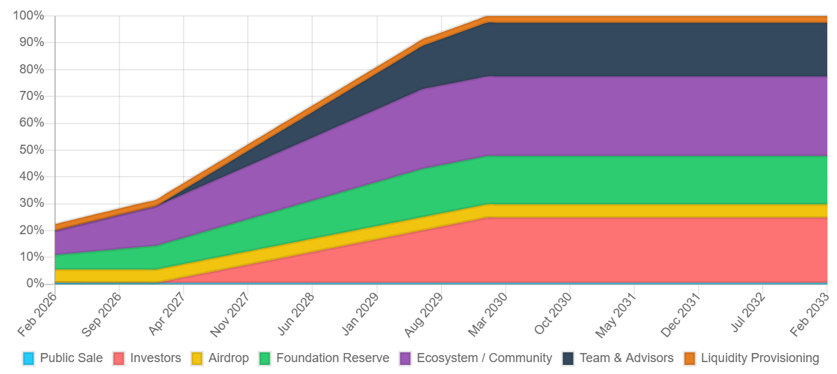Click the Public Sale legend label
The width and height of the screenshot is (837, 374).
(71, 358)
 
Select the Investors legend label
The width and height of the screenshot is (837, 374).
(155, 358)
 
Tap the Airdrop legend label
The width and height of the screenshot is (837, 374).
(228, 358)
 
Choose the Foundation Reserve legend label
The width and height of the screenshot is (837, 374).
(333, 358)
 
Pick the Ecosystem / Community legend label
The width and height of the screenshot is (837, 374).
(484, 358)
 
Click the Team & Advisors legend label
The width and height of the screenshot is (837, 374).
(627, 358)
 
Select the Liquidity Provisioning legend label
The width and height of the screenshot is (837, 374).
(760, 358)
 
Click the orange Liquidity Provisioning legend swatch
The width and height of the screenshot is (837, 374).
(690, 358)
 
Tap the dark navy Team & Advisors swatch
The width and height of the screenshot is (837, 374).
(568, 358)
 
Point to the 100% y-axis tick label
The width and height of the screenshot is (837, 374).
(29, 15)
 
